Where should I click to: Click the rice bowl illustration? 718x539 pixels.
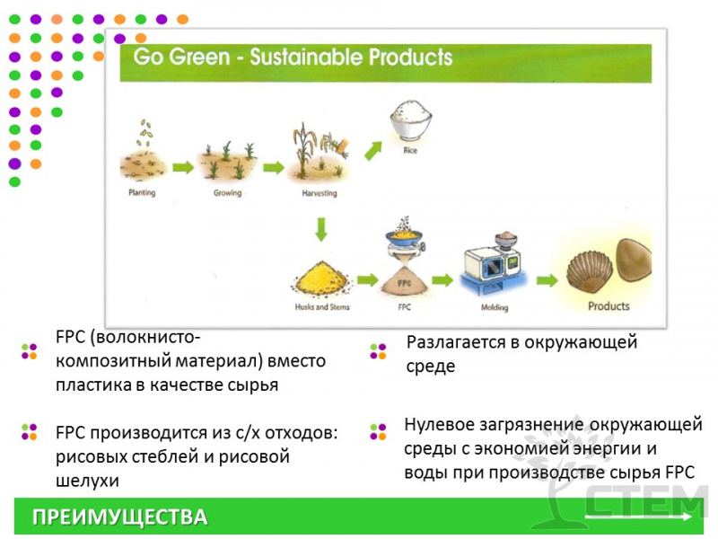[411, 120]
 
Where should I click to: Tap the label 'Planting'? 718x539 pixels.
[142, 192]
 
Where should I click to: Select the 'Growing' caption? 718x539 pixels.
[228, 193]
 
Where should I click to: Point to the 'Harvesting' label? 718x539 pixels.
[320, 193]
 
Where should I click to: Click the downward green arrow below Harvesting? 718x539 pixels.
[321, 229]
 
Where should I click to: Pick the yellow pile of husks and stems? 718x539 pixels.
[322, 278]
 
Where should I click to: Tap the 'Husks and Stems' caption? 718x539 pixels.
[322, 307]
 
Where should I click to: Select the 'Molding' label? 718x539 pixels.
[495, 307]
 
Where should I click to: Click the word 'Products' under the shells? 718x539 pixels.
[609, 306]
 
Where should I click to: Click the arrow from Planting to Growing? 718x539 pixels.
[183, 167]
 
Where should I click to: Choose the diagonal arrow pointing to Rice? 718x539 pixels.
[373, 150]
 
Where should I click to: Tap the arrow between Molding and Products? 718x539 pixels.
[547, 280]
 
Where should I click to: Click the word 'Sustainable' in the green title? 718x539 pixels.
[306, 57]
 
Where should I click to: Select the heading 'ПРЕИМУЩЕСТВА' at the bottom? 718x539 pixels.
[120, 517]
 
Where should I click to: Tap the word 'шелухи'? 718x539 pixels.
[87, 481]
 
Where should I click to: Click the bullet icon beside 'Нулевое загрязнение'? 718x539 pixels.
[378, 432]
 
